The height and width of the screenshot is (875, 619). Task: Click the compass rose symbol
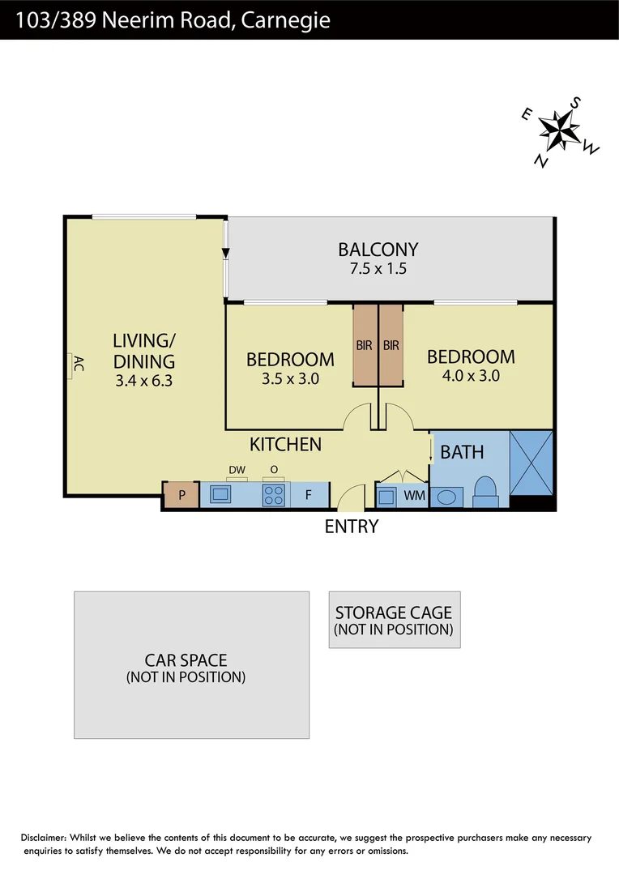(559, 130)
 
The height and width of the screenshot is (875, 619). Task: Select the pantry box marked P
(181, 494)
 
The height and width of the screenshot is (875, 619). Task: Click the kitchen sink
(220, 494)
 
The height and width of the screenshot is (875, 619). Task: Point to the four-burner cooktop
(274, 494)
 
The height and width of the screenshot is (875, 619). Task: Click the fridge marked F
(309, 494)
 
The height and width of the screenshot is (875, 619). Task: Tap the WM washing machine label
(414, 494)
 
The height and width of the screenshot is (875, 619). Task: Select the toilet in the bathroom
(485, 492)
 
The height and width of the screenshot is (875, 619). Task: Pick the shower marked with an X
(531, 463)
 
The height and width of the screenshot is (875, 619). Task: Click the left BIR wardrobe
(365, 346)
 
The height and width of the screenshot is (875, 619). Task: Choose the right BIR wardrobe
(391, 346)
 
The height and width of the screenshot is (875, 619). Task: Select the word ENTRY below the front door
(351, 527)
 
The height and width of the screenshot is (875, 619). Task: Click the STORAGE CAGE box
(394, 620)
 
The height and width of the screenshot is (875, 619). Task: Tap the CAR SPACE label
(186, 660)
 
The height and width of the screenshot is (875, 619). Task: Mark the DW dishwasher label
(237, 469)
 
